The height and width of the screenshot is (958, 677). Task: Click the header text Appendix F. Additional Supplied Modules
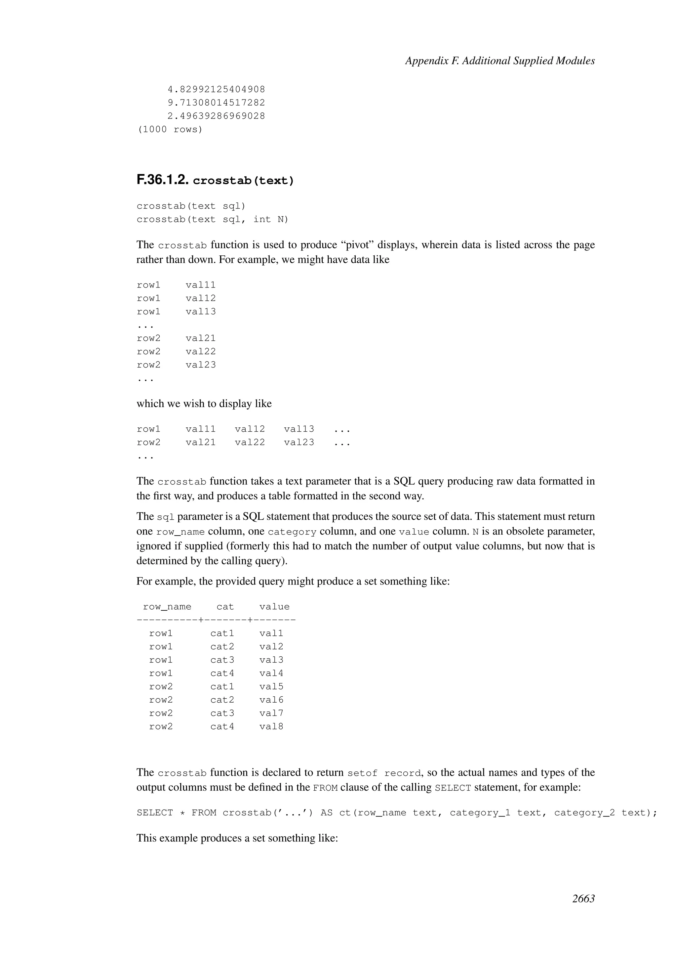499,61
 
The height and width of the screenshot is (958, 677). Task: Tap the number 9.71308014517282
216,103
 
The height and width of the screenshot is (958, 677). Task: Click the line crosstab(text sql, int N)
212,219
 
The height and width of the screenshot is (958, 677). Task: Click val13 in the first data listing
201,312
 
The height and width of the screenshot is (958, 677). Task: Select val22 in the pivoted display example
250,442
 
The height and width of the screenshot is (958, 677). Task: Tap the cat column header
225,607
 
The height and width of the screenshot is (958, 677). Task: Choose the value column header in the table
274,607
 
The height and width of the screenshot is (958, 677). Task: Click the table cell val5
271,686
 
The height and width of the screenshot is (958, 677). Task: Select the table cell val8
271,726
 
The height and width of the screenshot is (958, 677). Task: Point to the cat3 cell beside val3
222,660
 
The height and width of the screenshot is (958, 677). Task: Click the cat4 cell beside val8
222,726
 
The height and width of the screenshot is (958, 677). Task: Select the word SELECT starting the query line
155,813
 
